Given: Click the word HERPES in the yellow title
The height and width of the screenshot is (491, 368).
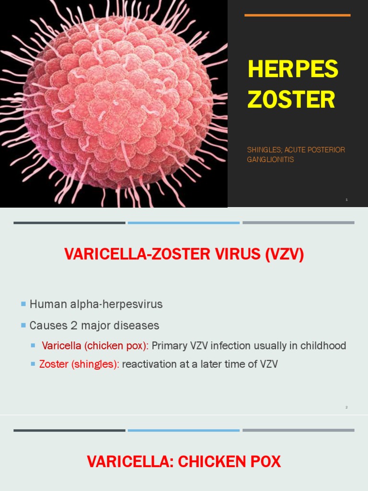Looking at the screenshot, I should (293, 70).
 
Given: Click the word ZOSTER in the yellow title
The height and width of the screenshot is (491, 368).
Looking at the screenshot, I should (291, 99).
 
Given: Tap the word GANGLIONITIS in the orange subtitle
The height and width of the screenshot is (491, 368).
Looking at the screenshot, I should (270, 160).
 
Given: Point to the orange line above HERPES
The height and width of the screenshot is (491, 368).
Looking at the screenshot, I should (297, 15).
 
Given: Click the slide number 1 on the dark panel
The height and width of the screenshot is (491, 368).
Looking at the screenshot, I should (346, 199).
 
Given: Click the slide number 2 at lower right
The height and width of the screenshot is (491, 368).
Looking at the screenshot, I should (346, 407).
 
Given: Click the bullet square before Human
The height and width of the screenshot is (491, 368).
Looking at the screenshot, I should (23, 304).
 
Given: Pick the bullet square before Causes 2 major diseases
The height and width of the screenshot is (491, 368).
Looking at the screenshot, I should (23, 326).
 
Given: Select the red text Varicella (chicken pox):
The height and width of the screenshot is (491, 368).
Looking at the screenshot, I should (95, 346).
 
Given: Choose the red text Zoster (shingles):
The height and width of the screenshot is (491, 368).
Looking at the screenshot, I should (79, 364).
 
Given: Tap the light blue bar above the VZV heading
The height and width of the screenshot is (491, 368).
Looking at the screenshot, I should (184, 222).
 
